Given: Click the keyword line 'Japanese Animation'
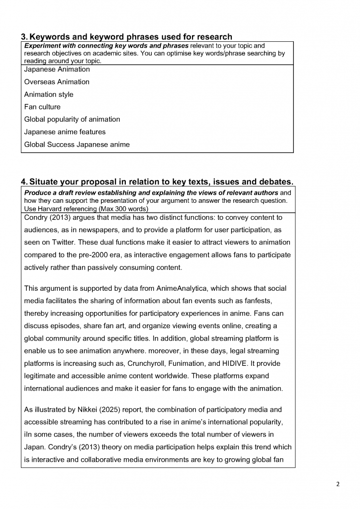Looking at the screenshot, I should [57, 70].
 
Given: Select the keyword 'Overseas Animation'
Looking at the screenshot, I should [57, 82].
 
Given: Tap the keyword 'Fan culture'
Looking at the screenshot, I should [42, 107].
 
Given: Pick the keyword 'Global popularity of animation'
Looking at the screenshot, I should [72, 119].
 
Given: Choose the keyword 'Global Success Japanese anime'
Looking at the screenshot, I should [77, 145].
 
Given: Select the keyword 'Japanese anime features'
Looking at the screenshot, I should [65, 132].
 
